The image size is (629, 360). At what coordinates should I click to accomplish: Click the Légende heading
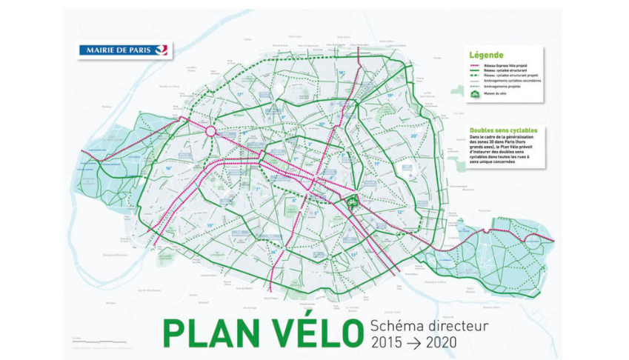coord(485,55)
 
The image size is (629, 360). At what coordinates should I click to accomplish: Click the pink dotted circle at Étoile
coord(210,132)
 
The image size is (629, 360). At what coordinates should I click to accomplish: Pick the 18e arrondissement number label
coord(342,73)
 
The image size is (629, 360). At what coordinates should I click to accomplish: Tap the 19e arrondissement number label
coord(391,96)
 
